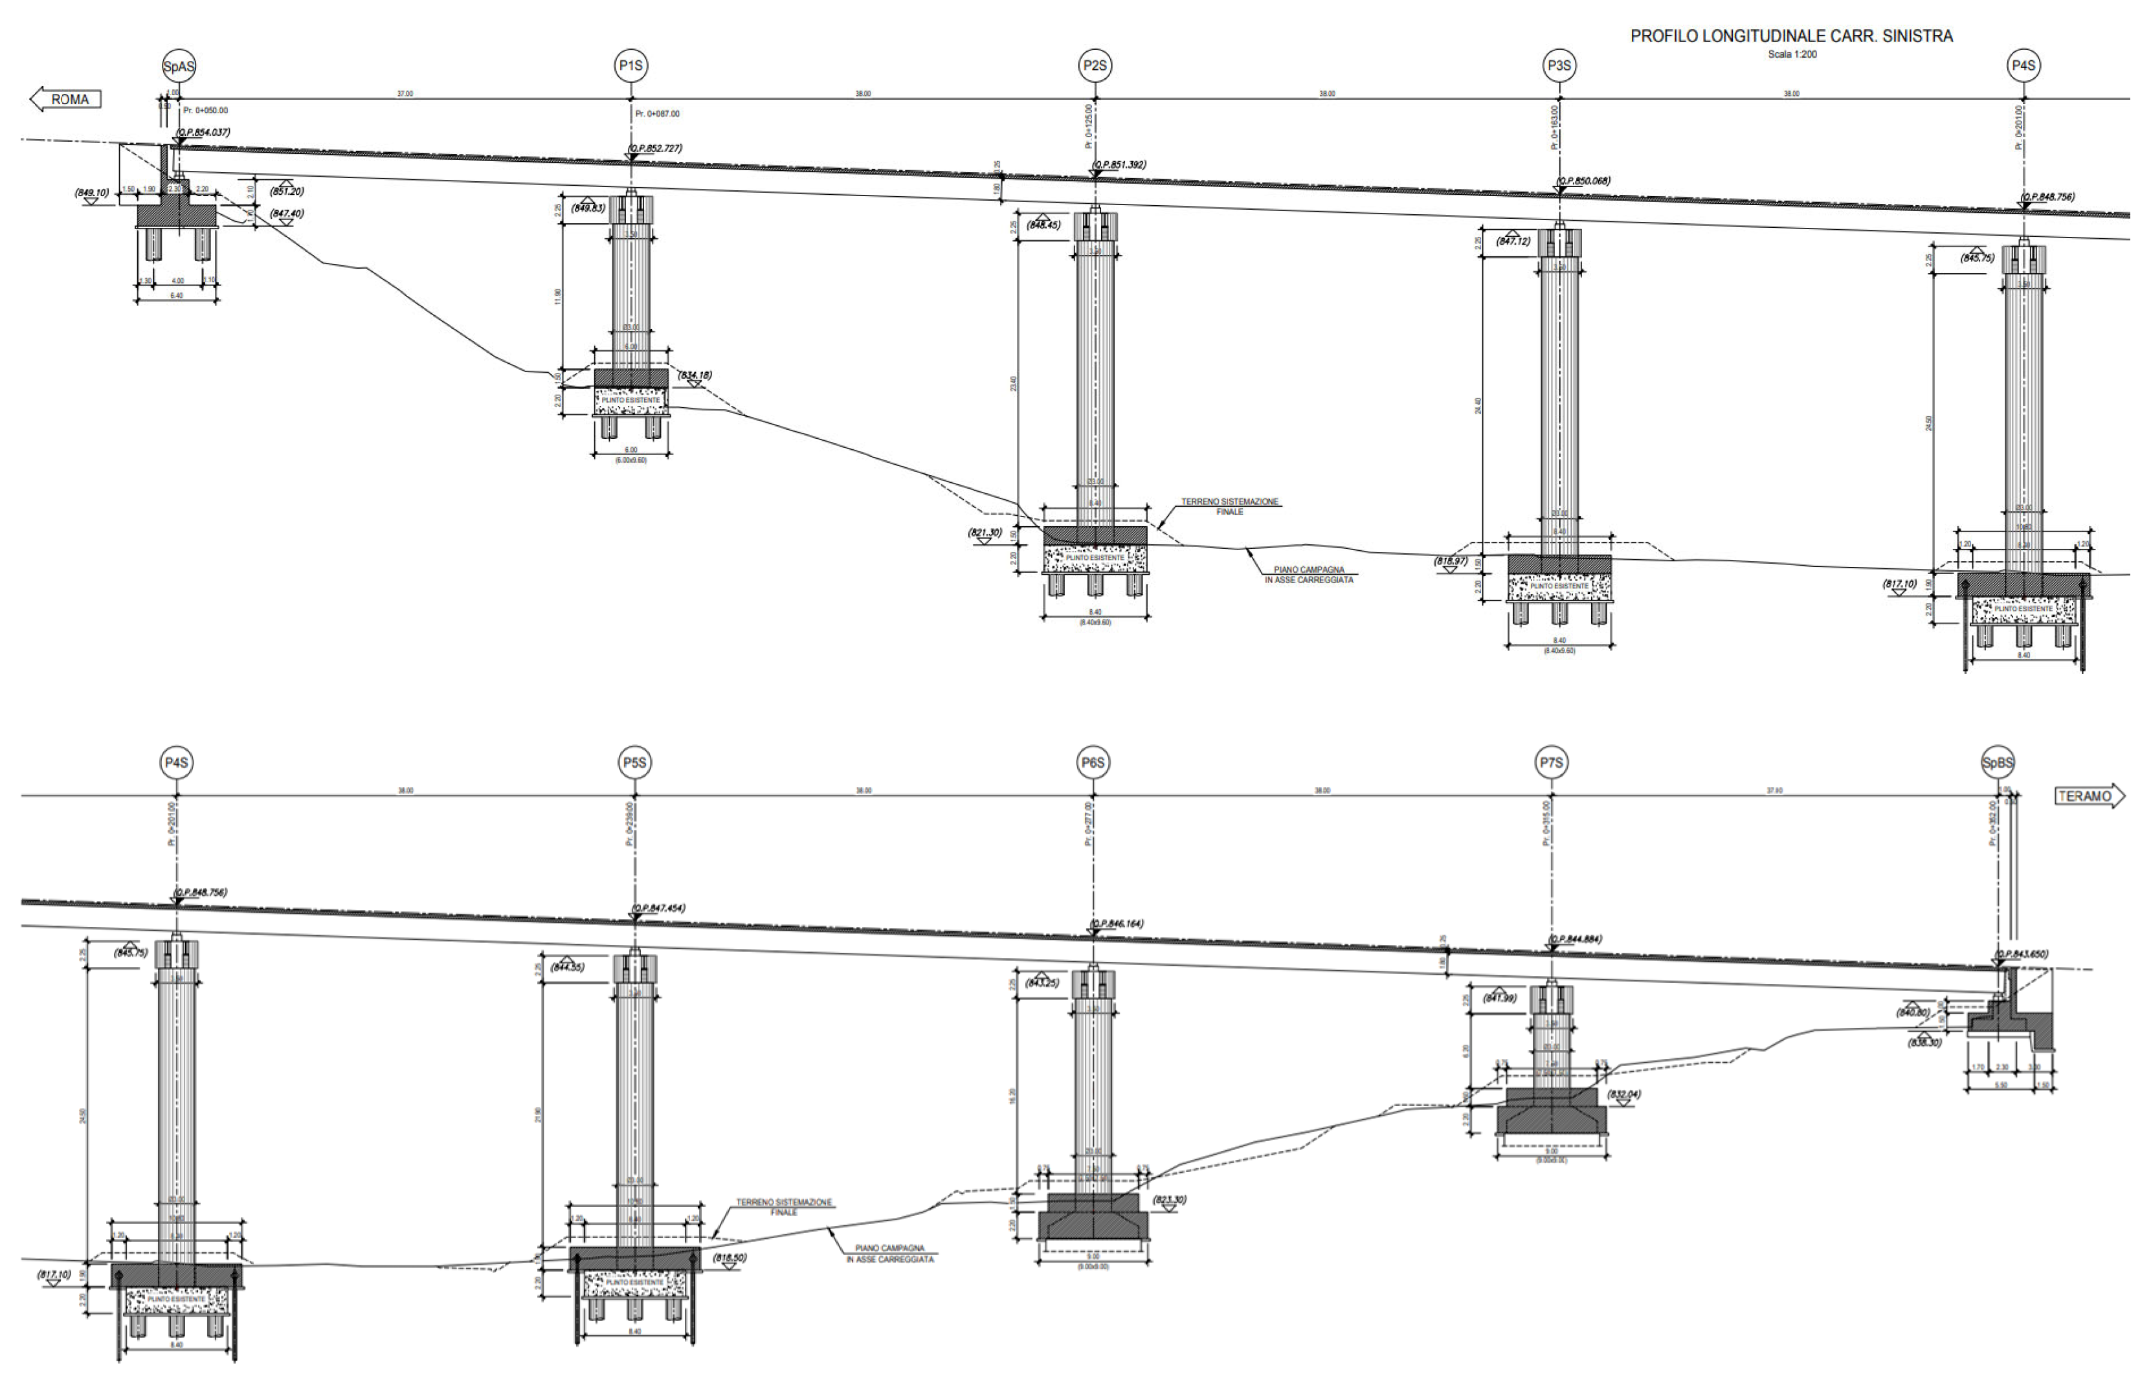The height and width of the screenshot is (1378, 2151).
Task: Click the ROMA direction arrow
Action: coord(65,99)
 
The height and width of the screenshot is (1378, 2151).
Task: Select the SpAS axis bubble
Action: coord(179,66)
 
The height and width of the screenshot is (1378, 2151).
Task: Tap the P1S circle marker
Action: coord(631,65)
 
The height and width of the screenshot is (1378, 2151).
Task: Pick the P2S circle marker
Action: coord(1095,65)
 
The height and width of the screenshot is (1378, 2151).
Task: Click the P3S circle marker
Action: coord(1559,65)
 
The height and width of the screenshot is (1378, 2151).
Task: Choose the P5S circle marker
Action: coord(634,763)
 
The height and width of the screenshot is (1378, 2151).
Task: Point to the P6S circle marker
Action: coord(1093,763)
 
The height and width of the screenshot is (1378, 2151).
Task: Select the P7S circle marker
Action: coord(1550,763)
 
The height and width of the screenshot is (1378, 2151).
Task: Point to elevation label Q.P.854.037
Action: coord(203,133)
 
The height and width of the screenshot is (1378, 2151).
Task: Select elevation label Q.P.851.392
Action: coord(1119,164)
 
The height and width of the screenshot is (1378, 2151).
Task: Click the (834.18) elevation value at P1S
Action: coord(695,375)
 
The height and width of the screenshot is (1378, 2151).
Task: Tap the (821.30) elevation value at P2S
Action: coord(985,533)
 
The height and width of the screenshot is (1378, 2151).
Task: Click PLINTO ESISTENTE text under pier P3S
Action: coord(1559,586)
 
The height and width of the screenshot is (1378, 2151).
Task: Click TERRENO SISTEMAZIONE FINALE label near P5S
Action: coord(784,1207)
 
